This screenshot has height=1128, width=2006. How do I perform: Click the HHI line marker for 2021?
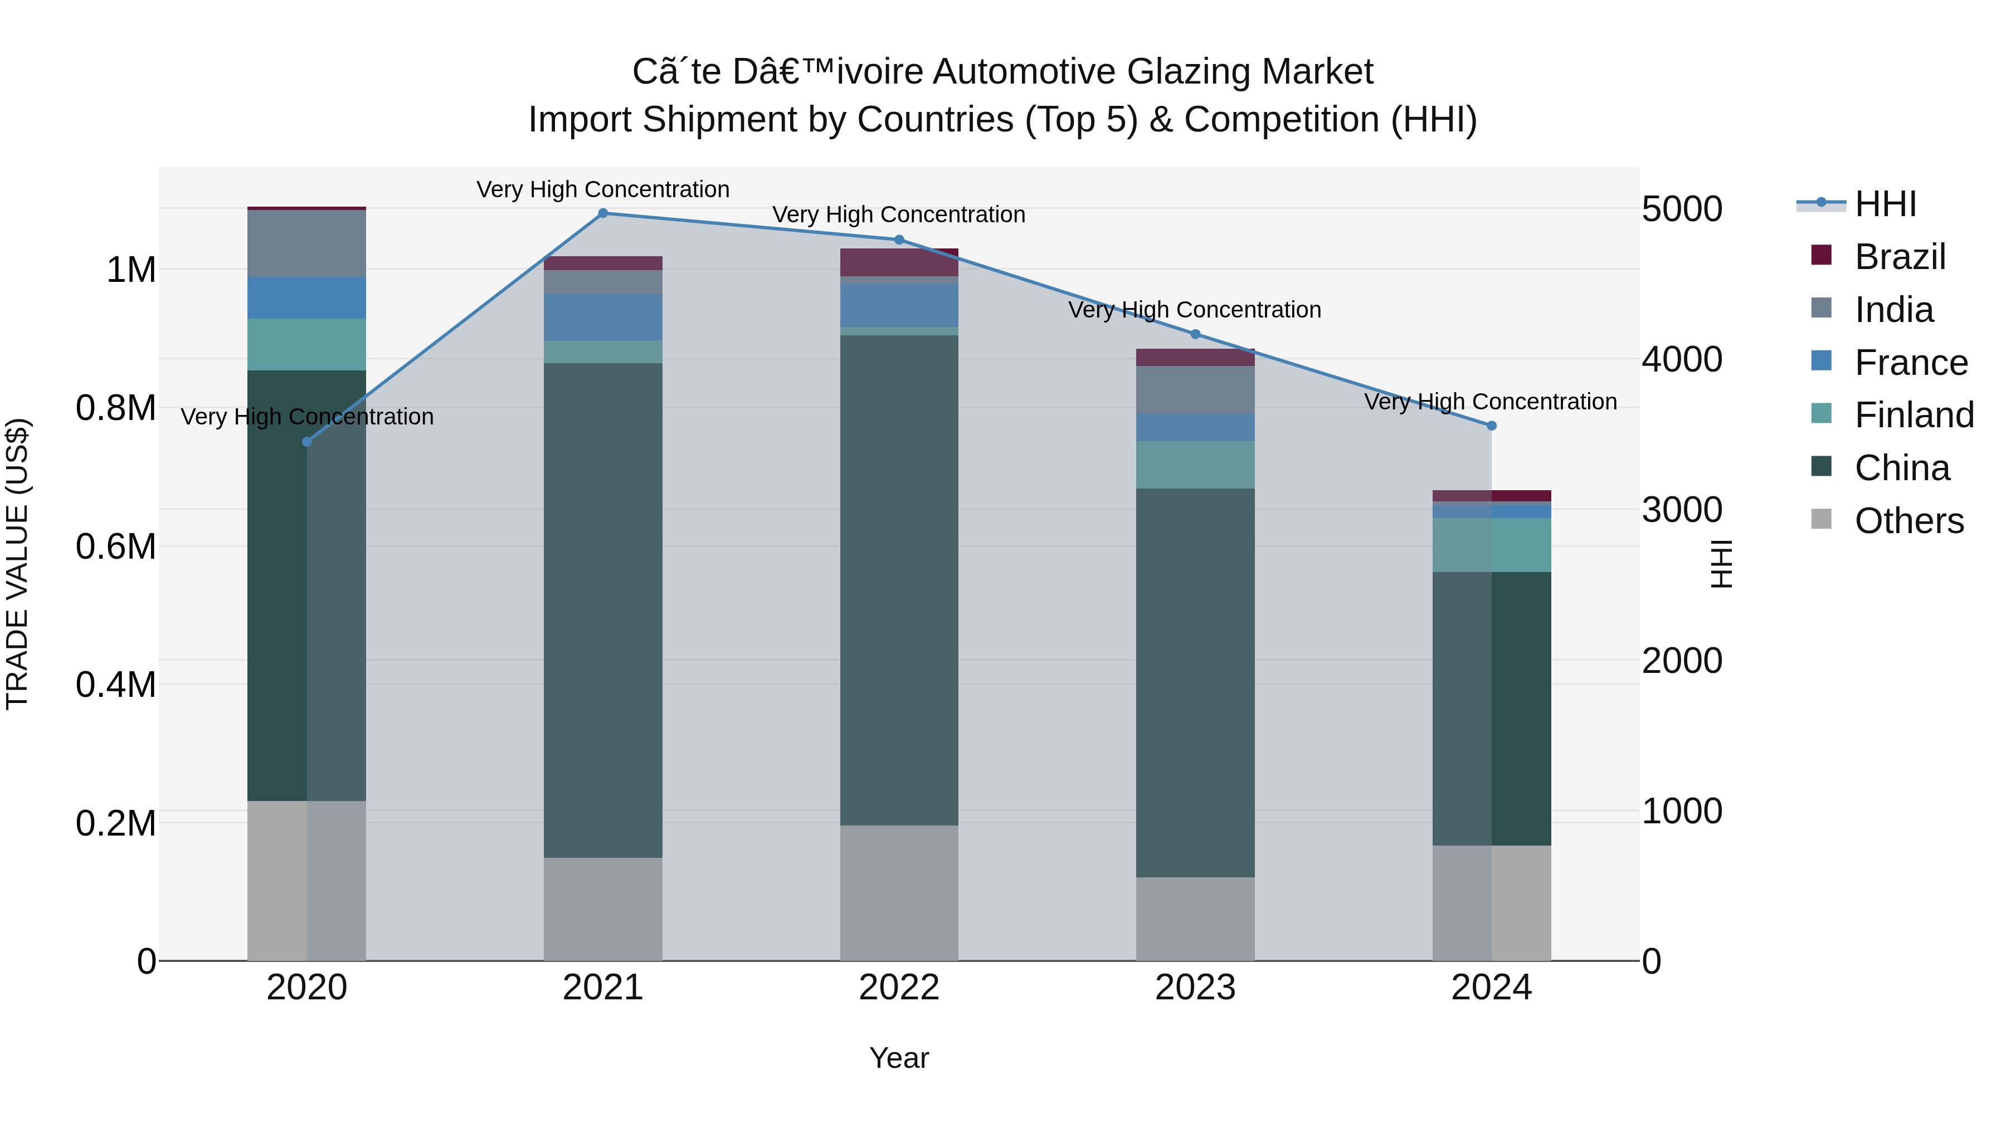603,213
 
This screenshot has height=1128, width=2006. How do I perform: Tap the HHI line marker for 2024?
1491,426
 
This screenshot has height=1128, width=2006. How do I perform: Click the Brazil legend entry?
1900,257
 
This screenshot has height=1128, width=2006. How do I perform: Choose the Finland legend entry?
1914,415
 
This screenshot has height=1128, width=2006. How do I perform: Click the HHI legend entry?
1885,204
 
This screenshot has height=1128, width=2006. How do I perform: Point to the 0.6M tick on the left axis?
115,546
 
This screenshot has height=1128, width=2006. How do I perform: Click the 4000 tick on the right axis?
1681,360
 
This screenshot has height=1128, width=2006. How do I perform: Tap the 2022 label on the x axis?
899,988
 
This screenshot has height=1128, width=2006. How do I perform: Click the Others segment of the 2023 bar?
1195,919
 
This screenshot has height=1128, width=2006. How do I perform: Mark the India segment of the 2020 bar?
307,243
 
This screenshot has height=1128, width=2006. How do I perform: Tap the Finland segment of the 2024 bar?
1491,545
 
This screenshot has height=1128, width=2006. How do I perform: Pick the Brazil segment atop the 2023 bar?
1195,357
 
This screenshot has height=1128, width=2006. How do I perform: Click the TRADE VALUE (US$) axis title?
17,564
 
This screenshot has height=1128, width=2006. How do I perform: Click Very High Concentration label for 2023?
1195,310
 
